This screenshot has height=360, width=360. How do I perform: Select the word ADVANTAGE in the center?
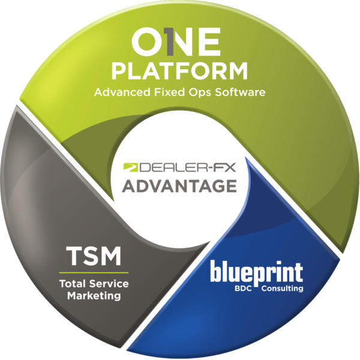[179, 186]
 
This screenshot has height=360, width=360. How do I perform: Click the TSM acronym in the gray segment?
[94, 257]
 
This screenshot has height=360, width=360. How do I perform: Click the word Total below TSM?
[71, 284]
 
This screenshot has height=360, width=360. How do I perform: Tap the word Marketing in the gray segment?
[94, 296]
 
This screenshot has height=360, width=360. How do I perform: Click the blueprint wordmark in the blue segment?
[256, 272]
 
